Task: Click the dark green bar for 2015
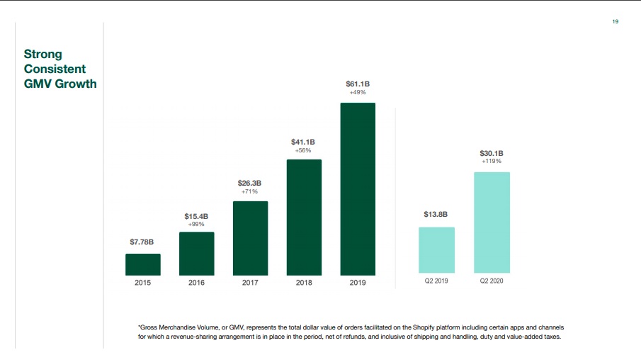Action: (143, 264)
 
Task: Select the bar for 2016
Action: (197, 254)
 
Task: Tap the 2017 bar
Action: (250, 238)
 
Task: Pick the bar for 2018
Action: (304, 218)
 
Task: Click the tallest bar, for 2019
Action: (358, 189)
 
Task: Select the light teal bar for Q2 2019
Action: (436, 250)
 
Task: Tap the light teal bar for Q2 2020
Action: (492, 223)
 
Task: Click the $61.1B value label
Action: (358, 84)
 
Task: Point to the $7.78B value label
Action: (142, 242)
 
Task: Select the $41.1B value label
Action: (304, 142)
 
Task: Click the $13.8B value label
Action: (436, 214)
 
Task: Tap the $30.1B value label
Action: (492, 153)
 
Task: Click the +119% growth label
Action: (492, 162)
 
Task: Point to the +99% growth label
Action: (197, 224)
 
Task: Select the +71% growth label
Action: (250, 191)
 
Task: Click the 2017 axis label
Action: (250, 282)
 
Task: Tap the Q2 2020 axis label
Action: (492, 282)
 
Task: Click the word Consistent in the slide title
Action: (55, 69)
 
